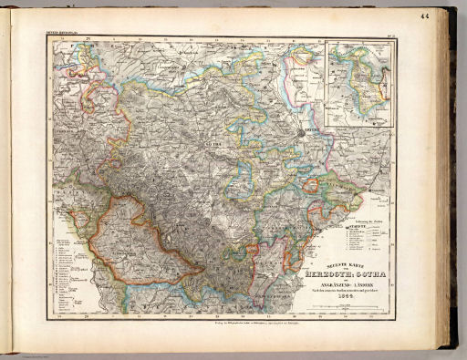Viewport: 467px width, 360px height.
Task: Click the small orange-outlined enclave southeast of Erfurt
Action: pyautogui.click(x=311, y=186)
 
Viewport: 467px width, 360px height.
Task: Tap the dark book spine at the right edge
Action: pyautogui.click(x=451, y=182)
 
